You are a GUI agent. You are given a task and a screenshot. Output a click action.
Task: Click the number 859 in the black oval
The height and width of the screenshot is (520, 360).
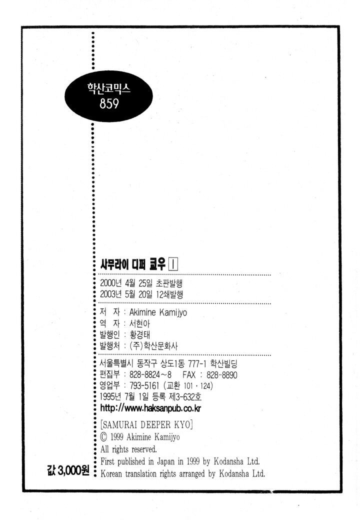pos(109,104)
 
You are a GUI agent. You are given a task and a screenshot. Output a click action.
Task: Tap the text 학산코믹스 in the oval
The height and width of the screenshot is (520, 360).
pos(108,88)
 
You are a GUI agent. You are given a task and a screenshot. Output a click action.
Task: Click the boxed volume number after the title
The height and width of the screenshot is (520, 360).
pos(173,264)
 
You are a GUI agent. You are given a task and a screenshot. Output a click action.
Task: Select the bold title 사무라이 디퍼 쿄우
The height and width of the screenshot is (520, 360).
pos(133,264)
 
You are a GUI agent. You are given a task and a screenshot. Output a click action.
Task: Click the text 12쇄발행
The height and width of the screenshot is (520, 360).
pos(169,294)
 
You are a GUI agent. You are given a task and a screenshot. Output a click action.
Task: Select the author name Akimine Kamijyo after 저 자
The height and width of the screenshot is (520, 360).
pos(158,312)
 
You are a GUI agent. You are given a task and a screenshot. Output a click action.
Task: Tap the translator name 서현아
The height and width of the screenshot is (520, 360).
pos(139,323)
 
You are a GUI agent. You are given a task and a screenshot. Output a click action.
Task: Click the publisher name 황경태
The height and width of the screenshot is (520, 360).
pos(140,334)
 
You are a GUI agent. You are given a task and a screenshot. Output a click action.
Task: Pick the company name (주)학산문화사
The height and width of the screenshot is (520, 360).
pos(153,346)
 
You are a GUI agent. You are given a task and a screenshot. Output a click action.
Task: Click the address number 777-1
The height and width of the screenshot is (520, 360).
pos(197,364)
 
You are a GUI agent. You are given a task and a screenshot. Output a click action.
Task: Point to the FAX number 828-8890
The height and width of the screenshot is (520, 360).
pos(222,375)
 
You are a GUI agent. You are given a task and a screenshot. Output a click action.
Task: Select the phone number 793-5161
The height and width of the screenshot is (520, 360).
pos(144,385)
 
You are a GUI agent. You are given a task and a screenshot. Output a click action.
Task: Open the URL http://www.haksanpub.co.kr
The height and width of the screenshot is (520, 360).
pos(150,408)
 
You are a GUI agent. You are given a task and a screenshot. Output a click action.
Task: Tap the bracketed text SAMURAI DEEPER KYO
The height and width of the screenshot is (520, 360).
pos(146,425)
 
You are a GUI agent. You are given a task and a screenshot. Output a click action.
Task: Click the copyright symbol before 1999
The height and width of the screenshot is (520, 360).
pos(104,437)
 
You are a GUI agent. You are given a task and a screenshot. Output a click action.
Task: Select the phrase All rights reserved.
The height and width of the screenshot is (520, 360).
pos(128,449)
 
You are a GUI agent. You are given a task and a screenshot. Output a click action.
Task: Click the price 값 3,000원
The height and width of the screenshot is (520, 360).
pos(68,470)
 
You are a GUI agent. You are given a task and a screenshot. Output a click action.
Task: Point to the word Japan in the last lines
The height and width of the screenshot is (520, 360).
pos(165,461)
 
